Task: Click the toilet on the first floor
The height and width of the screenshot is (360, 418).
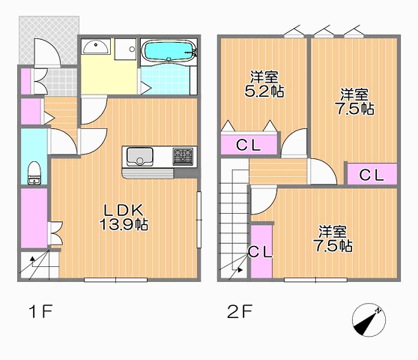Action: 34,173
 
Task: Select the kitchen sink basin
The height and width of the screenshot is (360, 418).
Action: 139,156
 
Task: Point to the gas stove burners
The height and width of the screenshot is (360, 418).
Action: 183,157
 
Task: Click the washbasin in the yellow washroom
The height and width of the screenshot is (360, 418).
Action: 96,46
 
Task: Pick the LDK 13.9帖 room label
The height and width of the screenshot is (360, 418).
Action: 124,217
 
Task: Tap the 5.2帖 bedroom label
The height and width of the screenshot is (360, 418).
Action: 264,84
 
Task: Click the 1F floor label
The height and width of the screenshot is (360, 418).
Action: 40,311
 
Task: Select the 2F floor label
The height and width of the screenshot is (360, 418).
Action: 240,311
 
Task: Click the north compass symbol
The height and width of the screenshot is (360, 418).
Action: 369,319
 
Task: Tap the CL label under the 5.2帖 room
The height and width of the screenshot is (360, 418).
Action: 248,145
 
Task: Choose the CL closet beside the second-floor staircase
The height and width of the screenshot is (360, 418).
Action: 261,251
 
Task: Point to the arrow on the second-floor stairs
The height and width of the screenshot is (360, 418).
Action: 240,270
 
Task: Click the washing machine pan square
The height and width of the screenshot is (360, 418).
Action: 125,49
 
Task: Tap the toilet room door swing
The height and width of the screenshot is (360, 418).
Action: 63,142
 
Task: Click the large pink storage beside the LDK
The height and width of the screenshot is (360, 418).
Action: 34,218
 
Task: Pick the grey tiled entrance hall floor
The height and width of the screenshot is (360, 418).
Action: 61,82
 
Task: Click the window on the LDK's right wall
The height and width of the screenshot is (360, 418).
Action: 199,220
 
